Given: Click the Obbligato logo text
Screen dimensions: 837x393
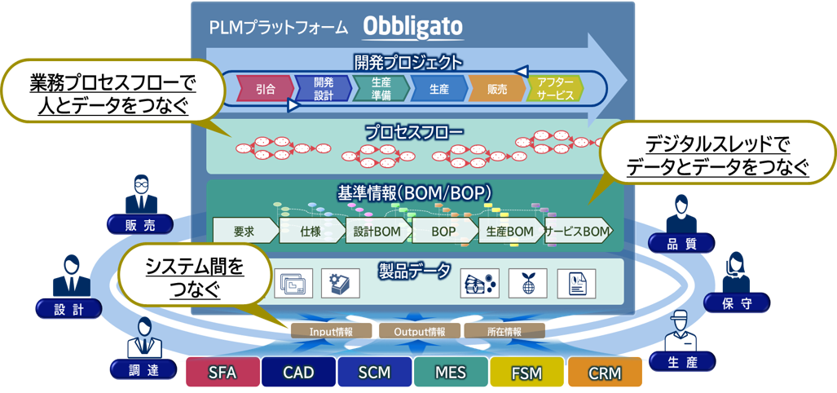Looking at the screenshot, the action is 413,28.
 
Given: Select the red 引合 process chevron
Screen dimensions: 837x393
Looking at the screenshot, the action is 266,89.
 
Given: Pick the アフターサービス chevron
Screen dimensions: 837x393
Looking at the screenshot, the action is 555,89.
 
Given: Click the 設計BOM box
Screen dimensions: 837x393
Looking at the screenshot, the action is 379,232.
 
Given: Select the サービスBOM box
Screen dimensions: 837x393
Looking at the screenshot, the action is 578,232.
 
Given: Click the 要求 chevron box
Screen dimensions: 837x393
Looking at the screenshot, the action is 246,232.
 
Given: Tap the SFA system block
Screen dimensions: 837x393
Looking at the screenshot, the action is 223,372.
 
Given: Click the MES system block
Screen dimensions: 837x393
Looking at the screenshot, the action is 451,372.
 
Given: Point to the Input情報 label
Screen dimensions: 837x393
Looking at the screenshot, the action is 332,331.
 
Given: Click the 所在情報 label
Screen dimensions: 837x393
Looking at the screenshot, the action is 504,331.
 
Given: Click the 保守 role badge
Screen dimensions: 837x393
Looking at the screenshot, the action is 737,303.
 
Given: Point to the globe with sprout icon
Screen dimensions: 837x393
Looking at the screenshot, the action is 527,283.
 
